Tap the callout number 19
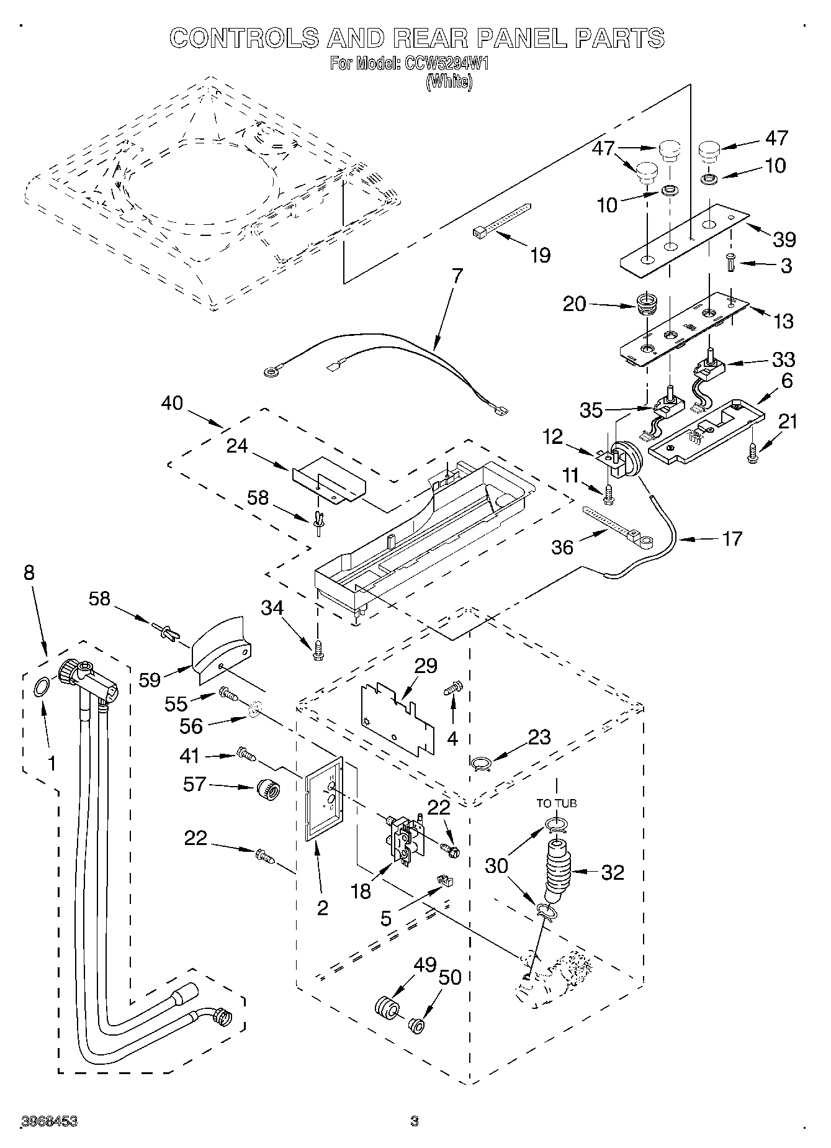(541, 255)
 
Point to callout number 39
(784, 239)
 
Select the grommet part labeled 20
(647, 304)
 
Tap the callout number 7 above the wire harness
(457, 276)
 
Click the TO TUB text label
(556, 803)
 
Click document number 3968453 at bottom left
(49, 1121)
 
